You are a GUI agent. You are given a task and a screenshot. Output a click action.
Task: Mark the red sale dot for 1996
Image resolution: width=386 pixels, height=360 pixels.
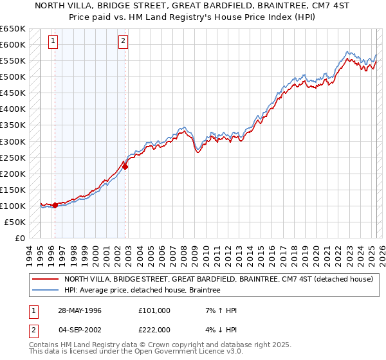point(55,206)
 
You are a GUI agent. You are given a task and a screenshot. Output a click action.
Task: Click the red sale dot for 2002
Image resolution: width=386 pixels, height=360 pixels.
point(125,166)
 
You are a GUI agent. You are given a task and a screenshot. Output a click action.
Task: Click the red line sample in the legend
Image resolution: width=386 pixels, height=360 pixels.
point(46,280)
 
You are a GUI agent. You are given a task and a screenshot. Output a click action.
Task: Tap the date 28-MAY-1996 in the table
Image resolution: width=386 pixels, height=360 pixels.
point(80,310)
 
